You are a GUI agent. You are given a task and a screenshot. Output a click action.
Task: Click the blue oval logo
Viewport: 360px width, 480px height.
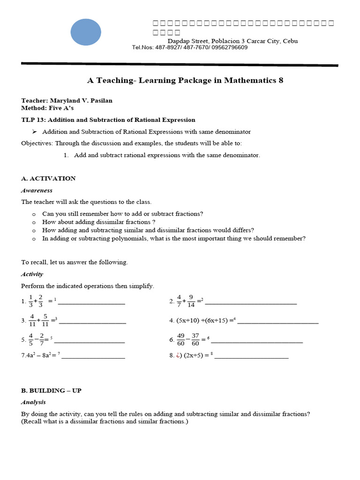[x=86, y=32]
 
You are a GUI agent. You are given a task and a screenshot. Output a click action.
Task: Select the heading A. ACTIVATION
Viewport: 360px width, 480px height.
[x=48, y=179]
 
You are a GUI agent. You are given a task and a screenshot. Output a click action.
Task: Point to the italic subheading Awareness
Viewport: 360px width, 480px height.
[x=37, y=190]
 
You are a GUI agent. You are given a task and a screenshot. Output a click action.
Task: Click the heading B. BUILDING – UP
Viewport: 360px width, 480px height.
[x=51, y=390]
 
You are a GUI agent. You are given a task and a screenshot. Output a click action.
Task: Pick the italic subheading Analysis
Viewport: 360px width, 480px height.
[x=33, y=402]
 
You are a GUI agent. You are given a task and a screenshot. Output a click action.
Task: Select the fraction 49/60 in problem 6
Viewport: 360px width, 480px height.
[x=181, y=339]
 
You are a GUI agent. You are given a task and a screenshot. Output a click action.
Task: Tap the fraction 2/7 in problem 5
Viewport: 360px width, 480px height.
[x=42, y=339]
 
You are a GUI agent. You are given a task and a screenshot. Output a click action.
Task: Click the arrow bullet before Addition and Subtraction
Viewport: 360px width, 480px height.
[x=34, y=132]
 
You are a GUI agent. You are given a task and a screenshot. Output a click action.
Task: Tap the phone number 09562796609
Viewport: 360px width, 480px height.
[x=230, y=47]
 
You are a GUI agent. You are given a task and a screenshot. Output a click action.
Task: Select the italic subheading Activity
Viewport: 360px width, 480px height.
[x=32, y=274]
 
